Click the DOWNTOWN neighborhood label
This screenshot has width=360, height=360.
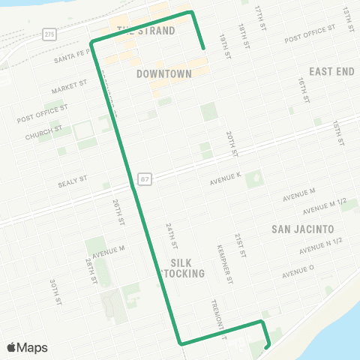click(164, 74)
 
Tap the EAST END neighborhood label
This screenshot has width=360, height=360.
click(331, 71)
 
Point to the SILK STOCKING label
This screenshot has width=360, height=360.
click(183, 268)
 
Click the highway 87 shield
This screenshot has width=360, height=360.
click(144, 179)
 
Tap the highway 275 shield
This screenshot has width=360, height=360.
click(49, 34)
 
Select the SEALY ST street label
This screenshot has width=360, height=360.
click(73, 181)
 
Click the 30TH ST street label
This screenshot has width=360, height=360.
click(55, 292)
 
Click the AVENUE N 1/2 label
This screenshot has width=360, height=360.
click(320, 245)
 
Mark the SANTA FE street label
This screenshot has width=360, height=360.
click(71, 56)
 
